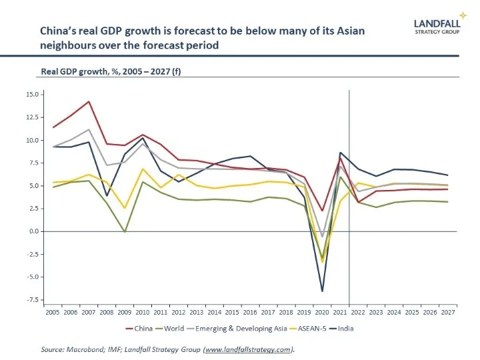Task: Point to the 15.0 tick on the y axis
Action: (x=32, y=94)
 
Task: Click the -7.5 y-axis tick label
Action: (x=32, y=300)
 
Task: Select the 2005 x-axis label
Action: (x=52, y=311)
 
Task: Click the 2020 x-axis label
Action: (x=323, y=311)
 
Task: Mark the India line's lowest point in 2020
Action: (x=323, y=291)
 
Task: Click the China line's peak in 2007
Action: (x=89, y=101)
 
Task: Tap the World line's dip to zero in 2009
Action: (x=125, y=231)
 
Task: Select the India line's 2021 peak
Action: (x=341, y=153)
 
